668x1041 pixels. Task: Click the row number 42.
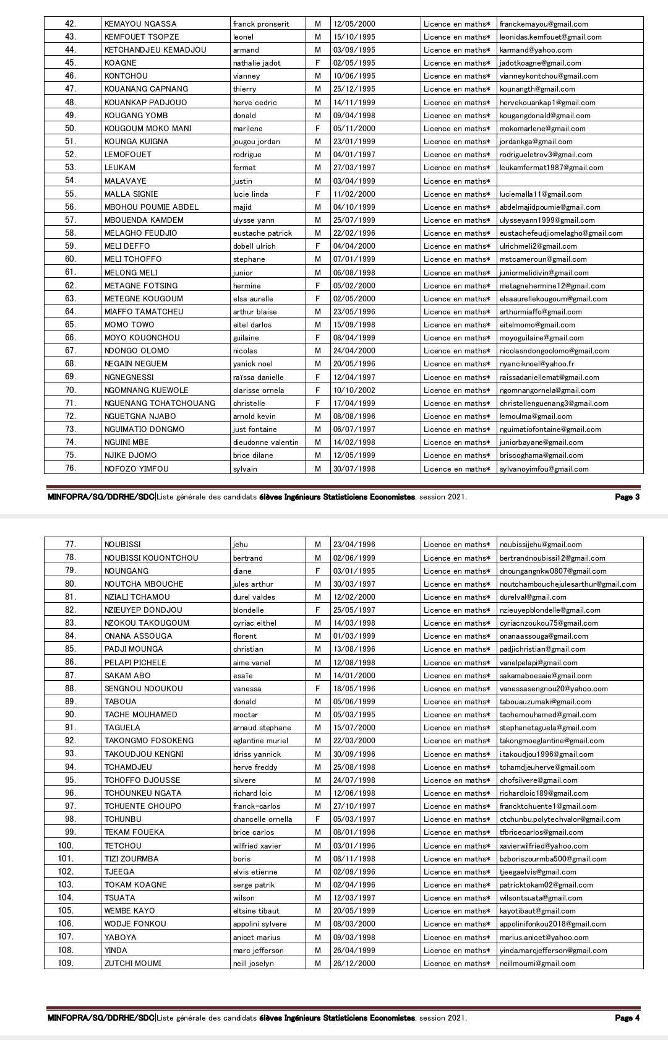point(71,24)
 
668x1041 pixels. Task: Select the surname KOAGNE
point(121,63)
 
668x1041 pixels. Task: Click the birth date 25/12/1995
point(354,89)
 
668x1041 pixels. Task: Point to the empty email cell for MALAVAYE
point(570,181)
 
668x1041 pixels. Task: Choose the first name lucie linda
point(250,194)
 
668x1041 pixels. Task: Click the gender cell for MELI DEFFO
point(318,246)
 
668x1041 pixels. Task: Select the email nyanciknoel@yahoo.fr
point(537,364)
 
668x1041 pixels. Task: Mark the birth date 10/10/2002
point(354,390)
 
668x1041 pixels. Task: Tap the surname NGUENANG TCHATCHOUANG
point(160,403)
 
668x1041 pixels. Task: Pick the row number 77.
point(71,545)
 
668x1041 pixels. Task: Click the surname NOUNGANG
point(126,571)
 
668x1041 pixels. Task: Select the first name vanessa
point(247,688)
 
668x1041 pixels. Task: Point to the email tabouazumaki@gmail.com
point(545,701)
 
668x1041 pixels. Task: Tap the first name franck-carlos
point(256,806)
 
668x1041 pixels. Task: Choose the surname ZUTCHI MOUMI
point(132,963)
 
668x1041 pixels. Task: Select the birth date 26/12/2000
point(354,963)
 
